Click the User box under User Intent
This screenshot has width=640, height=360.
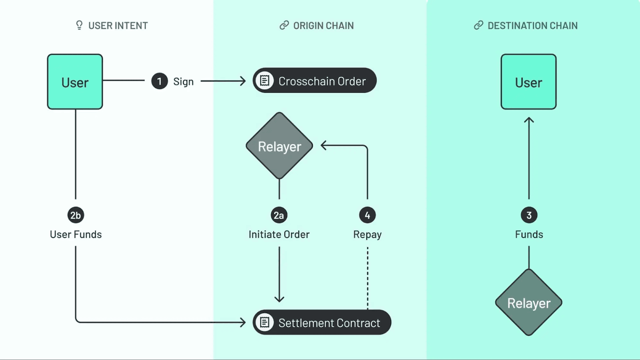[75, 82]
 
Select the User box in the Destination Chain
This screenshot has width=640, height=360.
[528, 82]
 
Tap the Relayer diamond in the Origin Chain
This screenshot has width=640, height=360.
[279, 146]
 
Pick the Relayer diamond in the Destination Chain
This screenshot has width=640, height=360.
[528, 302]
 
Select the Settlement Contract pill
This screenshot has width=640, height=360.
[322, 322]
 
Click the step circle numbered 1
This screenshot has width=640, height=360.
[159, 81]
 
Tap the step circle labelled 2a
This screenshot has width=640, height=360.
[279, 215]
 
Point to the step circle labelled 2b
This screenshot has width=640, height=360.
[76, 215]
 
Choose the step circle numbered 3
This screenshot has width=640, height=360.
[529, 215]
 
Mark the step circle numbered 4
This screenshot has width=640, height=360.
[367, 215]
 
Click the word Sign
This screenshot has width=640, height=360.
[183, 82]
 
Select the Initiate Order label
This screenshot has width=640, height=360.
[279, 234]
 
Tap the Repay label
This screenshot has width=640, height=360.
[367, 234]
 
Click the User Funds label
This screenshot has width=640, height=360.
[76, 234]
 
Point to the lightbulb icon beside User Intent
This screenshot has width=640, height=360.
[79, 25]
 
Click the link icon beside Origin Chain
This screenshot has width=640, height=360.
[284, 25]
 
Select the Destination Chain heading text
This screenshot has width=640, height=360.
[532, 26]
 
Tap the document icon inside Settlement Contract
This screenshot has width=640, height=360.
[264, 322]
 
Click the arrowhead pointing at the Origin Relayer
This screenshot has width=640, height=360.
[323, 146]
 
